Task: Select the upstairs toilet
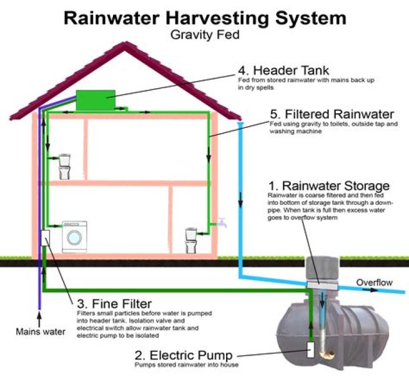pos(64,166)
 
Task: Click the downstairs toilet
pos(192,239)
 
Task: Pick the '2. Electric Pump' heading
pos(183,356)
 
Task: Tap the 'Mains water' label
pos(40,332)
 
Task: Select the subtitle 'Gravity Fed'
pos(204,34)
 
